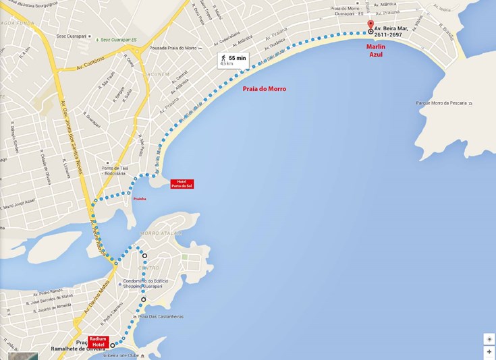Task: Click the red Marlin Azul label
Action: [x=375, y=51]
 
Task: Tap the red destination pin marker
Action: [x=370, y=25]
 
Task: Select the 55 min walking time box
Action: [x=233, y=60]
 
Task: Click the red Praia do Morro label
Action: [x=264, y=89]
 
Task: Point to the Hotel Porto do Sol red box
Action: [x=182, y=183]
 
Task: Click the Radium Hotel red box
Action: [x=98, y=341]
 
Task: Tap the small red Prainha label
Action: [x=140, y=199]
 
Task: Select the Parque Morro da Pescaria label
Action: [x=443, y=103]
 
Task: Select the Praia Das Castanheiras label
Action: [x=161, y=317]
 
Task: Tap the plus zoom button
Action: [x=489, y=352]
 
